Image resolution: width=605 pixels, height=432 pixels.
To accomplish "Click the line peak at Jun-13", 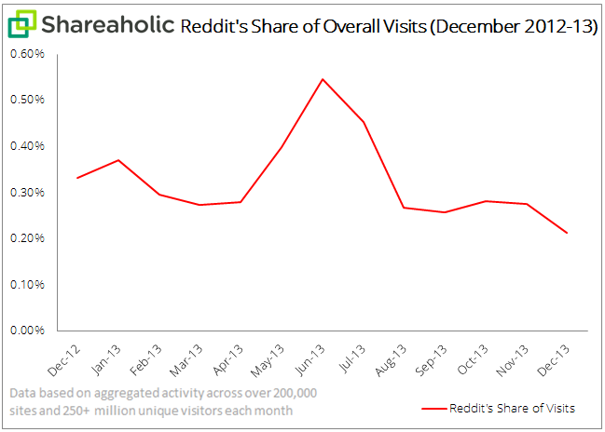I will click(323, 79).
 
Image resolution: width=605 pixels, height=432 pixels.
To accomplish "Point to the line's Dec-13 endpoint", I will click(567, 233).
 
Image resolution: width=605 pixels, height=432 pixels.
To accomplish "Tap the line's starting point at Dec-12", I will click(77, 178).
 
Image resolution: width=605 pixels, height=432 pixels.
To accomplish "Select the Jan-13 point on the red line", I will click(118, 160).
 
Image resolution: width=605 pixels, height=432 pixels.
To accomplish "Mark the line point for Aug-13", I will click(404, 208).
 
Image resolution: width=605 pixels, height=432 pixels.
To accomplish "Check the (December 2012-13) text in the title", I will click(514, 26).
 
